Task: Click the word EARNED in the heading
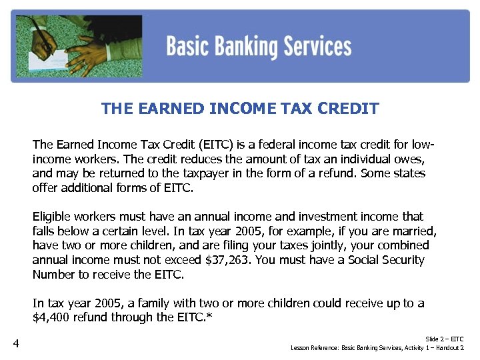pyautogui.click(x=169, y=109)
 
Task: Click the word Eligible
pyautogui.click(x=53, y=217)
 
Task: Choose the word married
pyautogui.click(x=415, y=231)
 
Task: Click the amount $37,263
pyautogui.click(x=226, y=260)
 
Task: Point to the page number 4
pyautogui.click(x=16, y=344)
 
